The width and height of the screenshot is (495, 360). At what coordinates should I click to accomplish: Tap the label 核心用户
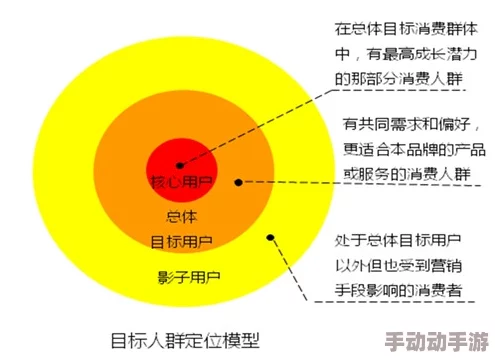pos(180,184)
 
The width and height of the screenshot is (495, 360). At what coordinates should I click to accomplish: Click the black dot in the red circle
pos(179,165)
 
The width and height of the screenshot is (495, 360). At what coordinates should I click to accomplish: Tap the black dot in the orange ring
pos(238,182)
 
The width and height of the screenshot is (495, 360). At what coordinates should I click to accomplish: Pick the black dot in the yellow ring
pos(270,237)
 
